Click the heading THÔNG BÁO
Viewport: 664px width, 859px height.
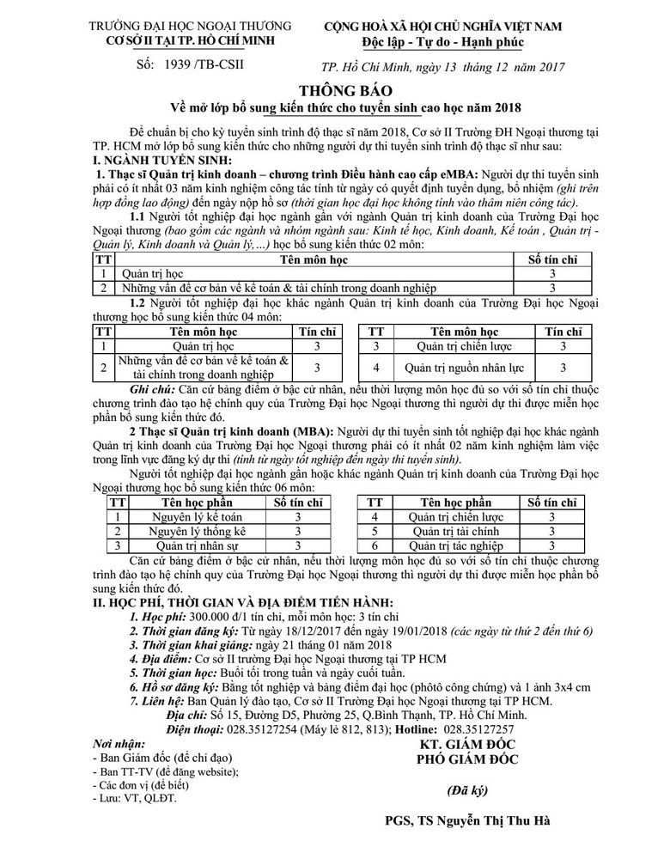point(331,90)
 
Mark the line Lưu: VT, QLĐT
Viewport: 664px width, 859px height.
point(132,798)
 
